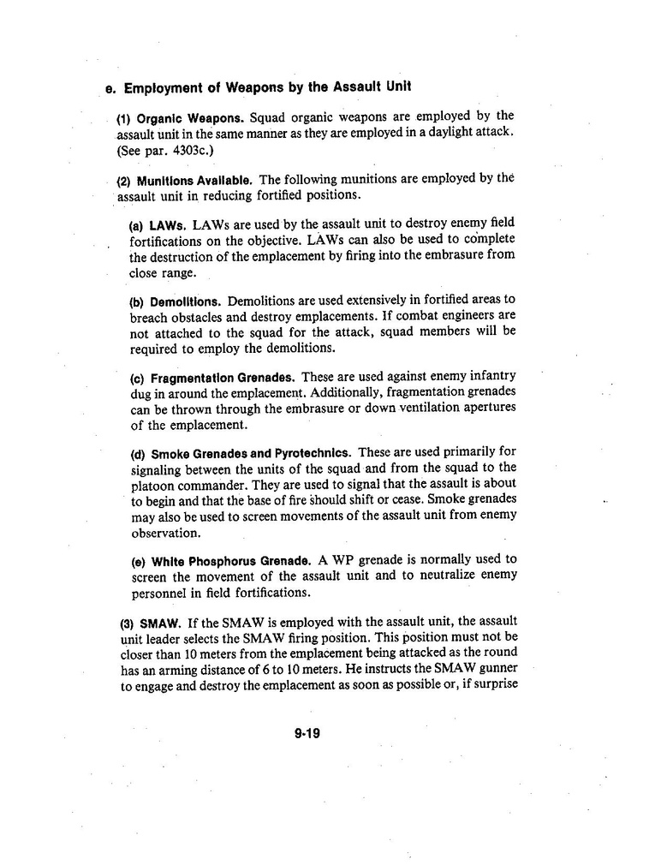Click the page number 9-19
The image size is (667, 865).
coord(306,733)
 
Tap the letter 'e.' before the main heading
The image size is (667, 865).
coord(110,88)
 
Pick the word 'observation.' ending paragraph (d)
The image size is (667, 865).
coord(165,533)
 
